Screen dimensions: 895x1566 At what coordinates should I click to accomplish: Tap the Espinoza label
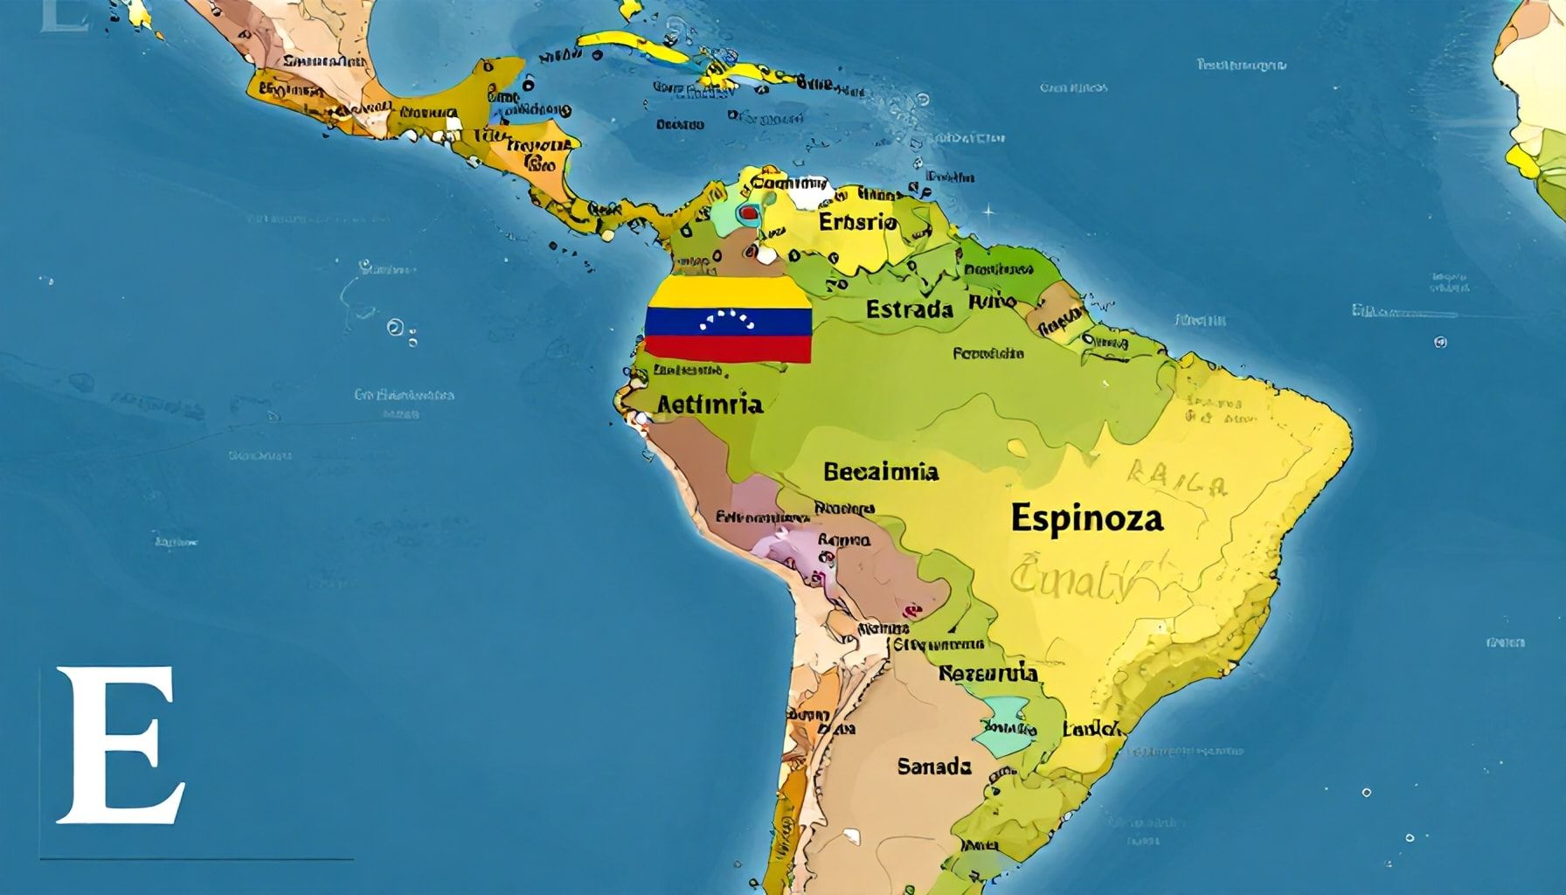(x=1087, y=517)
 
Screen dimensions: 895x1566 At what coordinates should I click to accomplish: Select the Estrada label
(x=909, y=309)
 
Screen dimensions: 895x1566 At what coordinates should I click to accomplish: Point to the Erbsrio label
(x=857, y=222)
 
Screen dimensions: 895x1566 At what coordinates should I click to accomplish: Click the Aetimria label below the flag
(x=709, y=404)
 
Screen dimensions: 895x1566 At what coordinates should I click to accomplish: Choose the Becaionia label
(x=880, y=472)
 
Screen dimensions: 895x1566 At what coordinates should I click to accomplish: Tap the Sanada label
(x=933, y=767)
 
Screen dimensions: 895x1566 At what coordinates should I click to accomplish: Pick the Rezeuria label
(x=987, y=673)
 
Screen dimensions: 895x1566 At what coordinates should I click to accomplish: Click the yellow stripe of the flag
(x=729, y=293)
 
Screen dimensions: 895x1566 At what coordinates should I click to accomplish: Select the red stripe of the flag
(x=729, y=350)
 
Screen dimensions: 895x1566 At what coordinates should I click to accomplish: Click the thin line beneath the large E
(x=197, y=859)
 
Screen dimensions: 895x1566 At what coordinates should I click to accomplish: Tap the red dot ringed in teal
(x=748, y=212)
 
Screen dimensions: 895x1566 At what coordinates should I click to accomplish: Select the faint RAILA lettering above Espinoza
(x=1175, y=479)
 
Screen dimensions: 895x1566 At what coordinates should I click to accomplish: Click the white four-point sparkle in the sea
(x=988, y=211)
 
